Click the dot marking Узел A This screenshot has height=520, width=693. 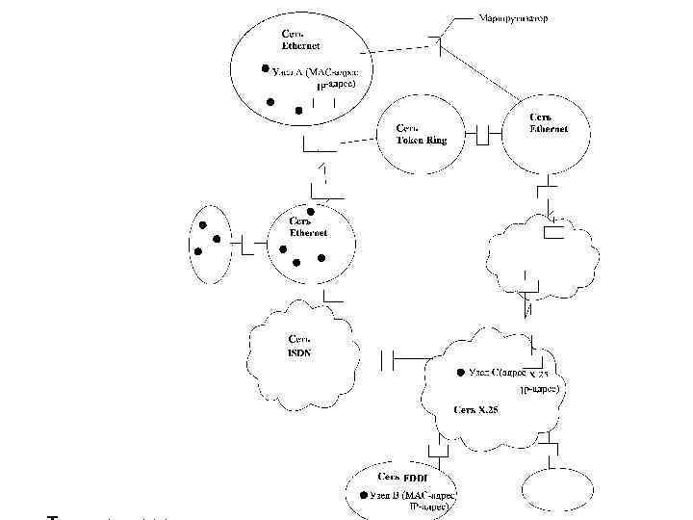264,69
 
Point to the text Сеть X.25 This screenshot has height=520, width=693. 477,409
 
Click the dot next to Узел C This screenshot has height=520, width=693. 459,373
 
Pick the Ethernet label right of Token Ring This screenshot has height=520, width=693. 548,123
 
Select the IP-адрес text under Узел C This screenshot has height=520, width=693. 540,390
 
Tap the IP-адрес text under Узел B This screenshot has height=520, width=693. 431,505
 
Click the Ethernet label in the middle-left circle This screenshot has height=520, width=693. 309,227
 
